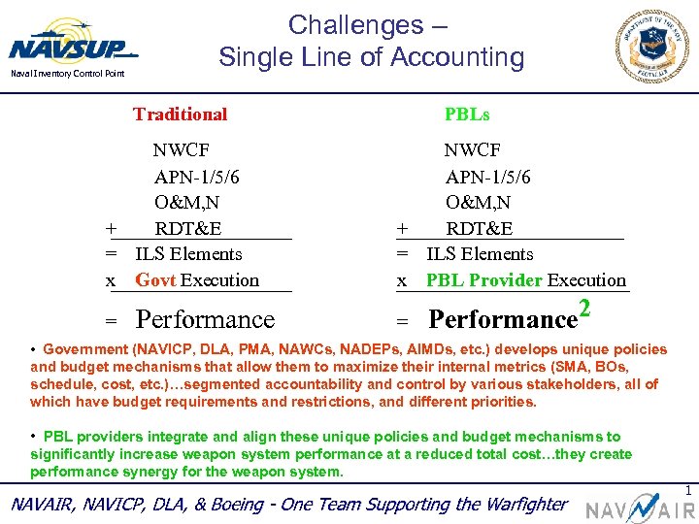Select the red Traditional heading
pyautogui.click(x=180, y=115)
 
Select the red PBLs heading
pyautogui.click(x=467, y=115)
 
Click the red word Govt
pyautogui.click(x=155, y=280)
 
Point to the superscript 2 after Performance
pyautogui.click(x=585, y=310)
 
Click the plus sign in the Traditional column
pyautogui.click(x=112, y=229)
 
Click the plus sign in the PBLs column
pyautogui.click(x=402, y=229)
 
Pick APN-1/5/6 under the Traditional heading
pyautogui.click(x=197, y=177)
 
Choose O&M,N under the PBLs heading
pyautogui.click(x=479, y=203)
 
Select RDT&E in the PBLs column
pyautogui.click(x=480, y=229)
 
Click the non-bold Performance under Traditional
pyautogui.click(x=205, y=319)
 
